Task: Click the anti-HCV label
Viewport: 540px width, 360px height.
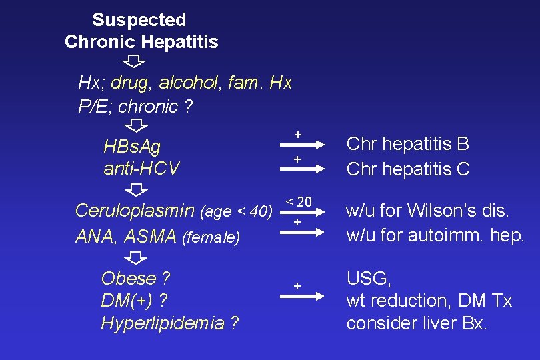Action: tap(141, 169)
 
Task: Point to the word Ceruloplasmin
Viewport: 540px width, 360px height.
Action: tap(135, 211)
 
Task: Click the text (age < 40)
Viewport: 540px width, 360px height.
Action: tap(236, 213)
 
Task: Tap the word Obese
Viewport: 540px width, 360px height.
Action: tap(129, 278)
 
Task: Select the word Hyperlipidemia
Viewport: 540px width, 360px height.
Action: tap(163, 323)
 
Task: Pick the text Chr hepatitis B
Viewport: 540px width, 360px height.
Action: tap(408, 144)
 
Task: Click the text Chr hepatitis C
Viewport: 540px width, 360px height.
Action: tap(408, 169)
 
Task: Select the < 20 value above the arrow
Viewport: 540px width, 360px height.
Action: tap(299, 202)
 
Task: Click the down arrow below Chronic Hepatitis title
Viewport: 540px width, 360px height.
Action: tap(134, 61)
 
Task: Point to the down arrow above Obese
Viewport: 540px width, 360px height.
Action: tap(137, 257)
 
